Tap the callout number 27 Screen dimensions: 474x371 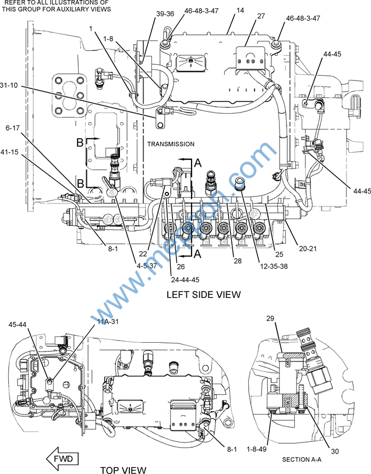(x=260, y=16)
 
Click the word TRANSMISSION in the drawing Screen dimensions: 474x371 (x=171, y=144)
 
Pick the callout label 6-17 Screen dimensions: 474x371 (x=13, y=128)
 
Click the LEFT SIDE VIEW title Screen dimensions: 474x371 (x=203, y=294)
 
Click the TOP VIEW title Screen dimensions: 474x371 (x=123, y=469)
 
